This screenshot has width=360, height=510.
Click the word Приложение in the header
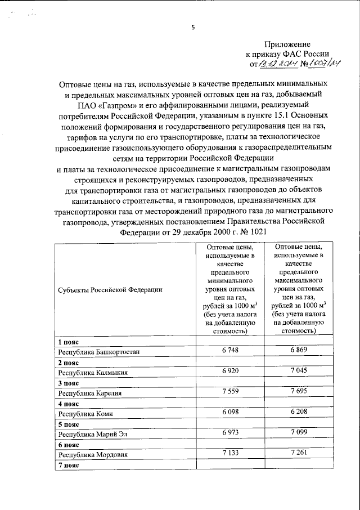coord(287,44)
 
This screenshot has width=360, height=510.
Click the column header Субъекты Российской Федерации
coord(110,289)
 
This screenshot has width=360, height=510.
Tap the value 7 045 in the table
coord(300,372)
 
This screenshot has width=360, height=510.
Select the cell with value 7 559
coord(229,392)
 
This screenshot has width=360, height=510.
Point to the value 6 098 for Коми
coord(229,413)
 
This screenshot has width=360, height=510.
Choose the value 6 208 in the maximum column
coord(300,413)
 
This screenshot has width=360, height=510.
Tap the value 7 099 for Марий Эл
coord(300,433)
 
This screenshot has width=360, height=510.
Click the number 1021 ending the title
coord(250,232)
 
